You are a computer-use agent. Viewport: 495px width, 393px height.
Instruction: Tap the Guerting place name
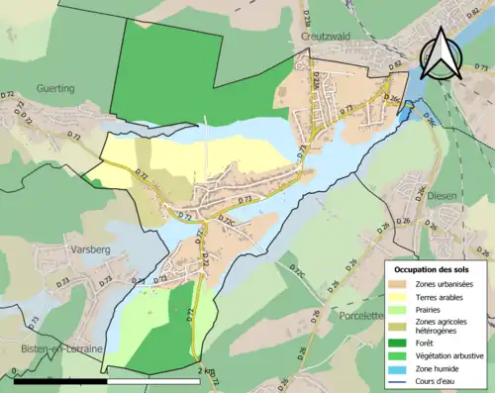[x=54, y=88]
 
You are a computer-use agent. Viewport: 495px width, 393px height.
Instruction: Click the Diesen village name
[x=442, y=196]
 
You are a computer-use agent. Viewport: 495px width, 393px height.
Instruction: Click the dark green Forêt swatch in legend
[x=401, y=342]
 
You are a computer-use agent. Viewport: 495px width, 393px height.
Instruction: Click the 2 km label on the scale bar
[x=204, y=370]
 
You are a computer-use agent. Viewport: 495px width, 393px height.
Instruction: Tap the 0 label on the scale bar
[x=15, y=370]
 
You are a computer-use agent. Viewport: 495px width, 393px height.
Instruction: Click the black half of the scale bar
[x=60, y=380]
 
